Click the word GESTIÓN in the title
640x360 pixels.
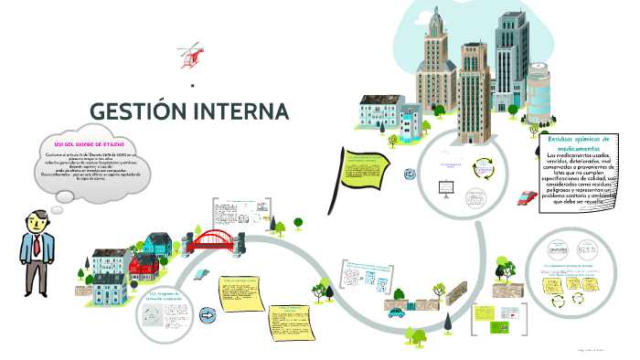(136, 112)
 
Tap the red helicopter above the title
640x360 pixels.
(191, 54)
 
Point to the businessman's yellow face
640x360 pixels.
(36, 221)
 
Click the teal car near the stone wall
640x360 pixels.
(396, 312)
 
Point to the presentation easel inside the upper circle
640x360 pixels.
(447, 185)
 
